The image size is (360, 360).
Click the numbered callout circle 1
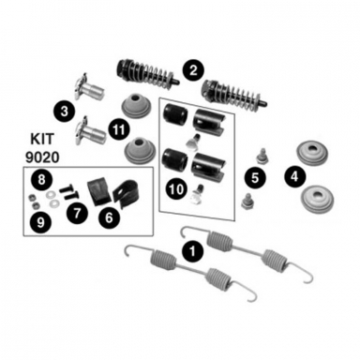tap(191, 251)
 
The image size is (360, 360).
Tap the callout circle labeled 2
tap(193, 68)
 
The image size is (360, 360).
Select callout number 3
tap(63, 111)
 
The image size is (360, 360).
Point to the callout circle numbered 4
tap(294, 173)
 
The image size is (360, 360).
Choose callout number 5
tap(252, 174)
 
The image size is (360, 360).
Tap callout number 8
tap(41, 178)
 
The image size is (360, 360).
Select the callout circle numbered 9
tap(41, 221)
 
